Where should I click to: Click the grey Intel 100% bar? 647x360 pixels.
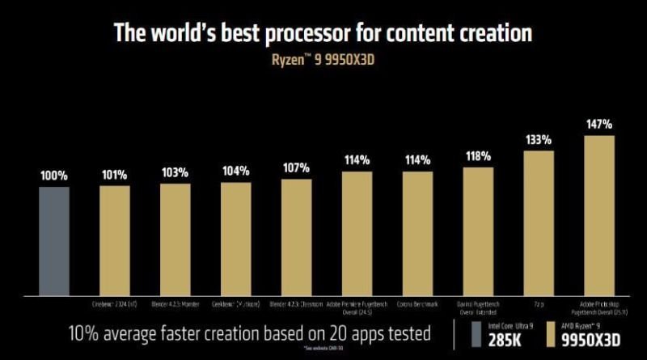coord(54,240)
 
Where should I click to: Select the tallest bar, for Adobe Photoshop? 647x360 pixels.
coord(599,214)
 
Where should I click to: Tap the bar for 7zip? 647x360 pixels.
coord(539,222)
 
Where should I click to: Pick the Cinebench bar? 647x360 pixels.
coord(115,240)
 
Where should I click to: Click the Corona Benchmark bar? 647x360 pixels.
coord(417,232)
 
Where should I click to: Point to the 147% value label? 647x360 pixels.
coord(599,125)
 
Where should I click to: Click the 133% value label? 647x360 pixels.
coord(539,139)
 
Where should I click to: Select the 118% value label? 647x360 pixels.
coord(478,156)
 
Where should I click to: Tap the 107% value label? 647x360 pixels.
coord(296,168)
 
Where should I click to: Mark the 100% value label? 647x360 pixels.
coord(54,175)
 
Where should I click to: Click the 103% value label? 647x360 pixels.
coord(175,172)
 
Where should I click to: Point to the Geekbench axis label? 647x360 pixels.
coord(235,304)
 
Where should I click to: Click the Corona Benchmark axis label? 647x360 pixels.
coord(417,304)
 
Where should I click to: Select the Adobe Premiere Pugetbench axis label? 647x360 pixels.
coord(357,307)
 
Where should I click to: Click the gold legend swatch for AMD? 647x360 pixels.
coord(556,334)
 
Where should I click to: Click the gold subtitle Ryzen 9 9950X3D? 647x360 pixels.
coord(323,60)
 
